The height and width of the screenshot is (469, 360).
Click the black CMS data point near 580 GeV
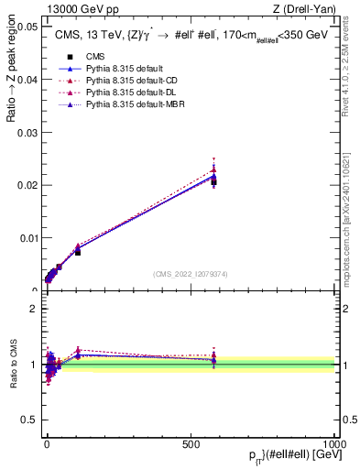click(x=213, y=182)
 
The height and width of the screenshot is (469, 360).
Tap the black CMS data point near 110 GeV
click(x=78, y=252)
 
